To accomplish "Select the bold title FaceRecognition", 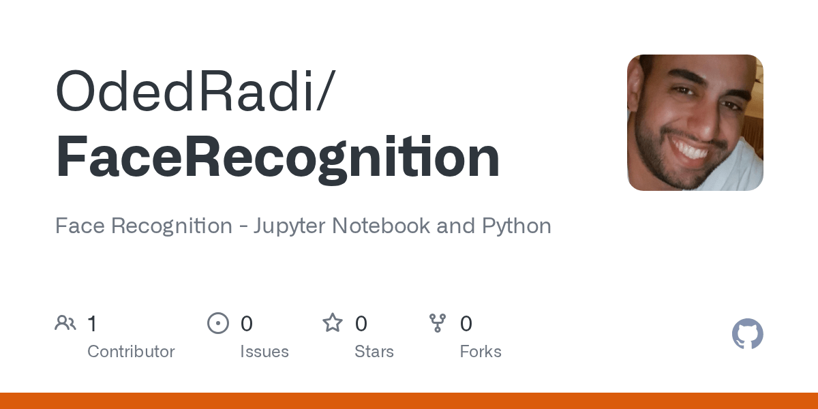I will (277, 157).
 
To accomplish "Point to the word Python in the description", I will (517, 226).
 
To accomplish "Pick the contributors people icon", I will (65, 323).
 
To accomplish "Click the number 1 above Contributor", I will (92, 324).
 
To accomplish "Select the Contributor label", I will (131, 352).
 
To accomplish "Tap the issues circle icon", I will (218, 323).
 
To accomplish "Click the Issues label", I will (264, 352).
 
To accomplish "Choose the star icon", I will (333, 323).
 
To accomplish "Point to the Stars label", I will (374, 352).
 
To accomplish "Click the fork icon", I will (438, 323).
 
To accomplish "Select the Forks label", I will (481, 352).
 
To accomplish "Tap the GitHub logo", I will (747, 334).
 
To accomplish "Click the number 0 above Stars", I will (361, 324).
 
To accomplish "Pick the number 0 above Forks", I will (466, 324).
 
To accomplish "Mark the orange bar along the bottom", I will (409, 401).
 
